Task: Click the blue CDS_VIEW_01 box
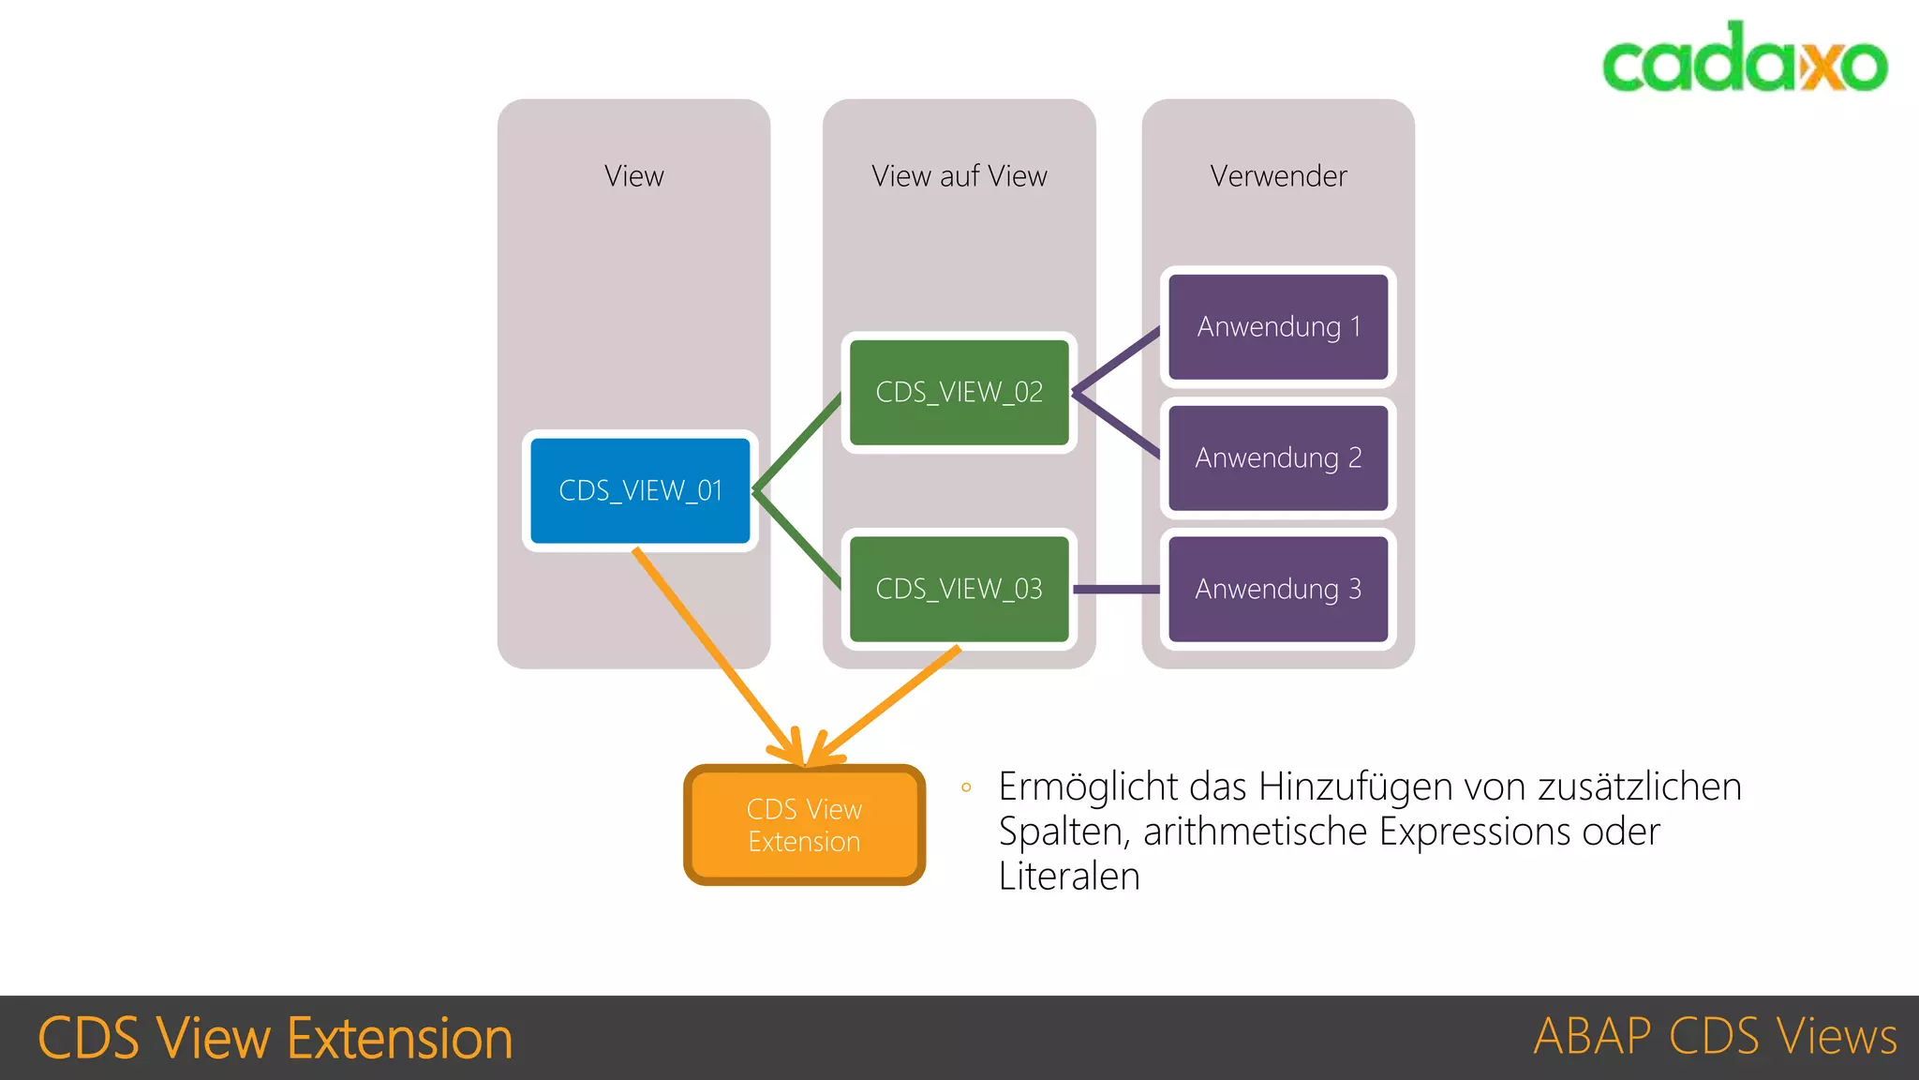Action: (x=640, y=490)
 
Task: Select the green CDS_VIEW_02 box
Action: (x=959, y=392)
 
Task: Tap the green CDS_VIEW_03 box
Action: (x=959, y=589)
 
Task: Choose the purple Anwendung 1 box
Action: (x=1278, y=326)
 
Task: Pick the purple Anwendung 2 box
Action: (x=1278, y=457)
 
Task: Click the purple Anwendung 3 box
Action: (x=1278, y=589)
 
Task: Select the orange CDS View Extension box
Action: (x=804, y=825)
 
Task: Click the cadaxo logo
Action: (x=1744, y=58)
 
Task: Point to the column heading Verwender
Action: (x=1278, y=175)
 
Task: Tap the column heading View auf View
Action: (x=959, y=175)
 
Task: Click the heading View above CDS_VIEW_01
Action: (x=633, y=175)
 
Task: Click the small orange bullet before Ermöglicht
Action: (x=966, y=787)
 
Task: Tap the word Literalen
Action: (x=1069, y=877)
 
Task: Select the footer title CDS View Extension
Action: (x=275, y=1038)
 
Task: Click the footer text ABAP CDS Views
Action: (x=1715, y=1037)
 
